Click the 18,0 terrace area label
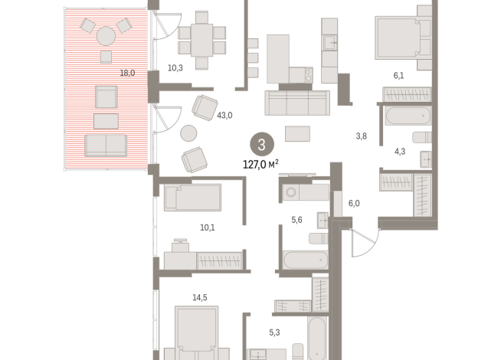click(x=127, y=74)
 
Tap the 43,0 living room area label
click(x=224, y=116)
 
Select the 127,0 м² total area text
click(x=260, y=164)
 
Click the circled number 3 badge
click(x=262, y=145)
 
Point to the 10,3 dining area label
click(x=175, y=68)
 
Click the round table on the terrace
click(x=106, y=36)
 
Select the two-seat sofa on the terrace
click(x=106, y=146)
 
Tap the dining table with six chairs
click(x=202, y=41)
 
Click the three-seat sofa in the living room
click(x=297, y=103)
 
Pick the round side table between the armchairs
click(x=188, y=133)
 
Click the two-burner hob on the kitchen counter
click(x=309, y=75)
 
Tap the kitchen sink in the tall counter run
click(x=329, y=42)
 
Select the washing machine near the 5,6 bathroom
click(x=291, y=192)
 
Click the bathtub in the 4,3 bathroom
click(x=408, y=116)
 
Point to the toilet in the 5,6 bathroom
click(x=319, y=238)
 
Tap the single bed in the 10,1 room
click(x=193, y=197)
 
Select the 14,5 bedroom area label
click(x=200, y=298)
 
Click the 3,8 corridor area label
click(x=362, y=136)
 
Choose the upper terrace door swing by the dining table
click(x=168, y=25)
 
